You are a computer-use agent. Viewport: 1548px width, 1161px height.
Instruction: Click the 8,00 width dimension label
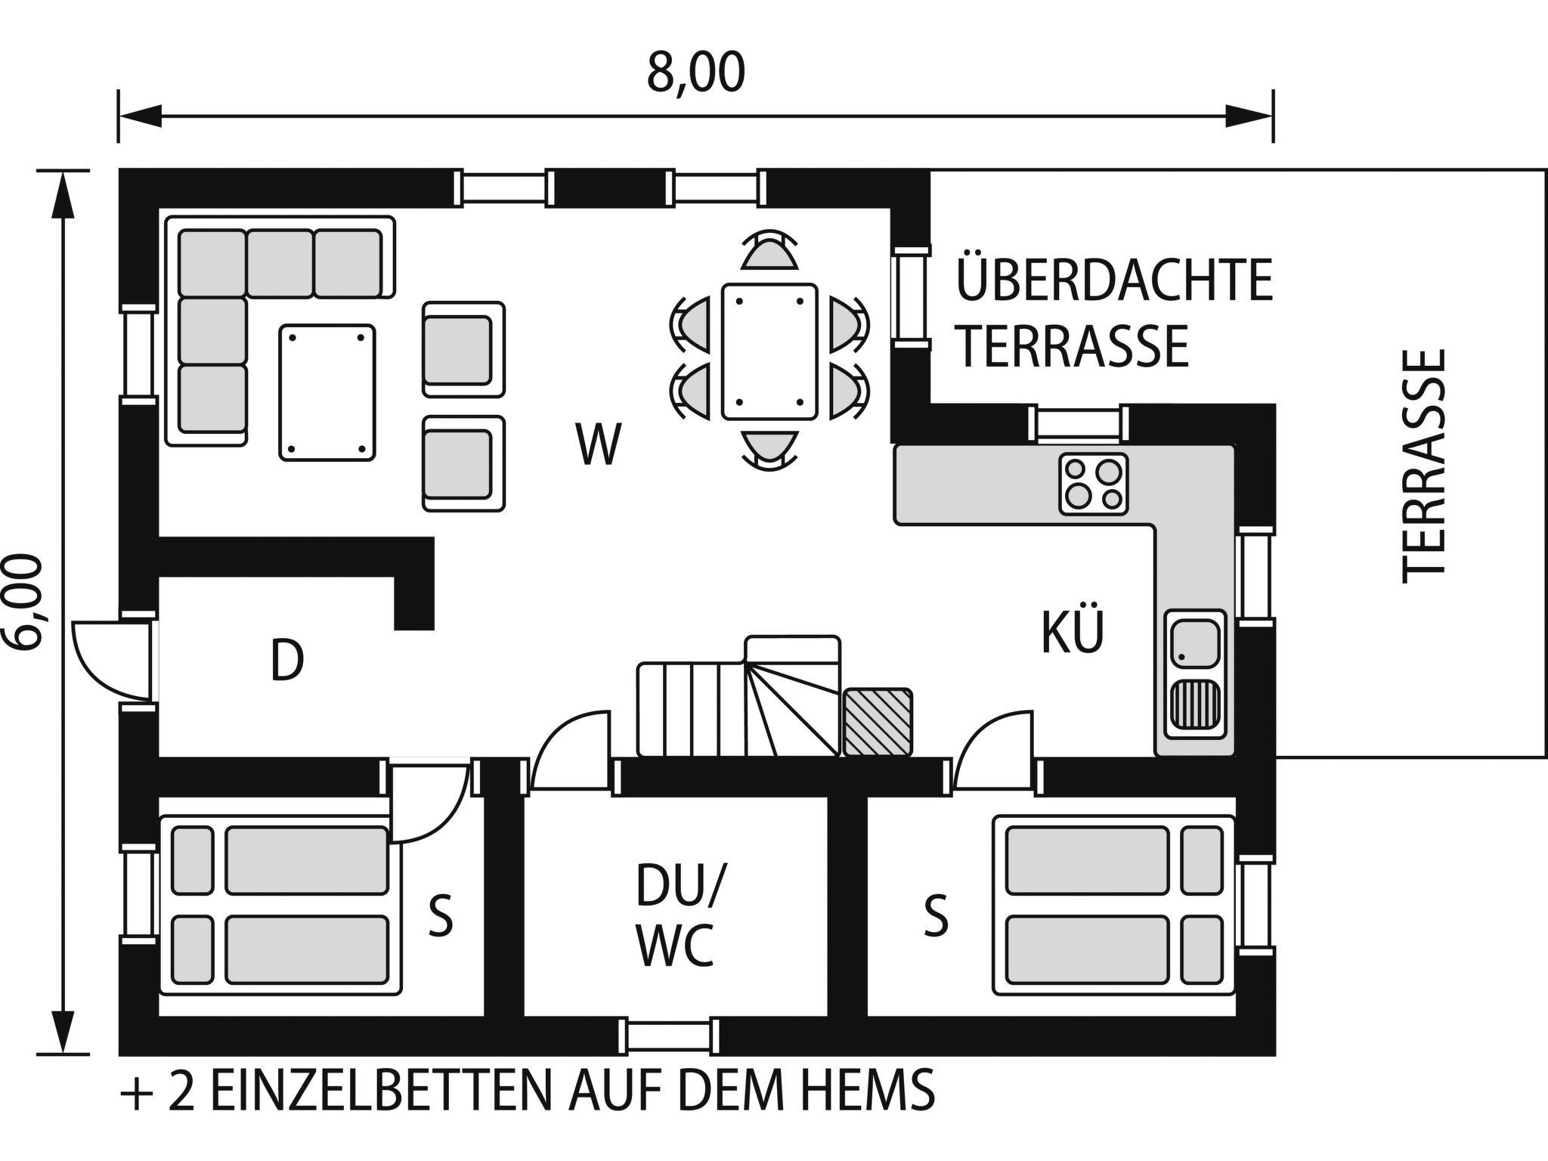click(695, 73)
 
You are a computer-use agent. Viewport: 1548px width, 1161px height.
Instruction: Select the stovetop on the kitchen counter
click(1093, 484)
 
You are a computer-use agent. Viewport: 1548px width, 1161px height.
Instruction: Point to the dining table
click(769, 351)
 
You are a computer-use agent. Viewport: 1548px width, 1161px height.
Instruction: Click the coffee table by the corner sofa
click(327, 392)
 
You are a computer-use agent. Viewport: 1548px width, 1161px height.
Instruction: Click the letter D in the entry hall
click(287, 660)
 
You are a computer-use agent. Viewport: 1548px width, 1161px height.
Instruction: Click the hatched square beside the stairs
click(878, 722)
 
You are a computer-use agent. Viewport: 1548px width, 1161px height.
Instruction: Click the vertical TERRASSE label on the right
click(1424, 466)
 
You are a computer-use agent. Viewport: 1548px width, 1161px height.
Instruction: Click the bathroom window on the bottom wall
click(669, 1036)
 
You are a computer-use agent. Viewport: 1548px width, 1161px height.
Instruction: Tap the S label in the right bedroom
click(936, 915)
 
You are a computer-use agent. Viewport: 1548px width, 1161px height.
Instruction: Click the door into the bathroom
click(568, 750)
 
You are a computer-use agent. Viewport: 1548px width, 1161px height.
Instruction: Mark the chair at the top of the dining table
click(769, 251)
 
